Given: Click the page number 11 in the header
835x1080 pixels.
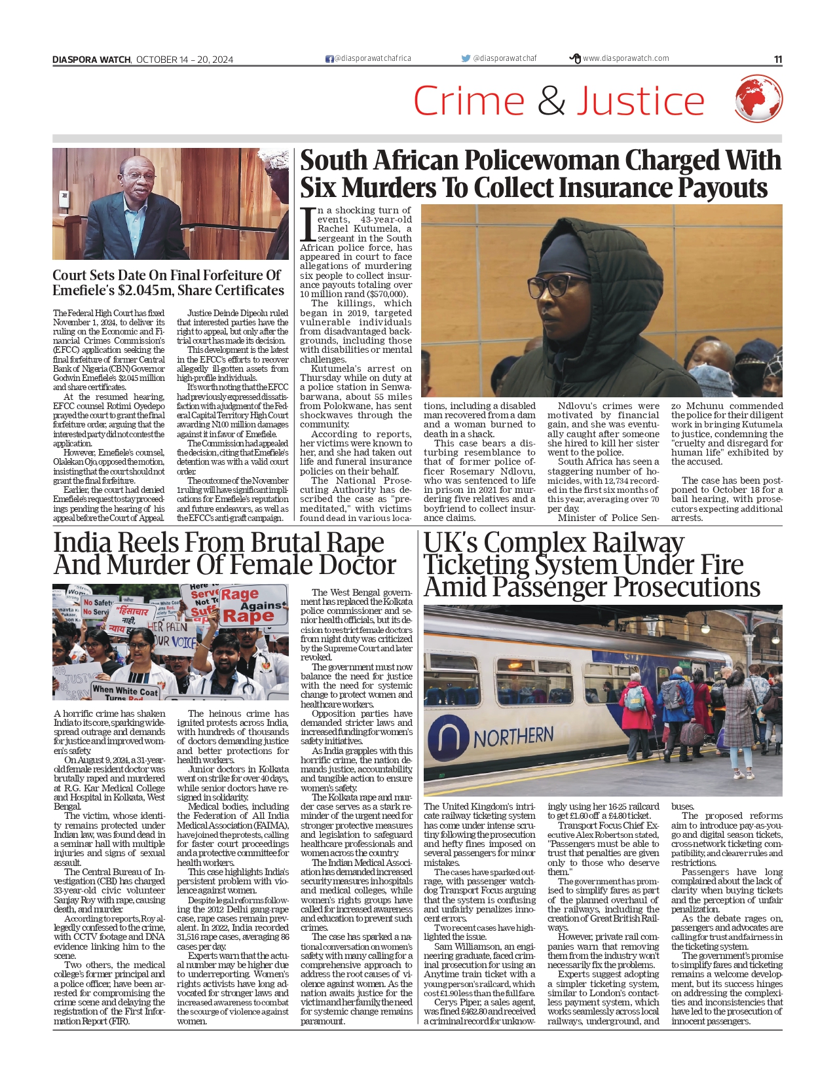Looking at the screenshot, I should (x=777, y=60).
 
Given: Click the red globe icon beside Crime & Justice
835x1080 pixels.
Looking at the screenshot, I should (x=758, y=99).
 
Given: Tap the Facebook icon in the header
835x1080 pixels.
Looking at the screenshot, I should (x=329, y=59).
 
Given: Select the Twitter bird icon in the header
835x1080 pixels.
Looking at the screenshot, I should (x=466, y=58).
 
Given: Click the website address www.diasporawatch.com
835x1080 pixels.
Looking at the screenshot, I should (x=625, y=58).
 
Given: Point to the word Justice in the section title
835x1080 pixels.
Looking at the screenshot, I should (x=640, y=101).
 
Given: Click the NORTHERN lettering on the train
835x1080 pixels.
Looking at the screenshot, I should (x=513, y=738).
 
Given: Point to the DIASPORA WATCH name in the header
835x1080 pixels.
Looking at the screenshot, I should (x=92, y=60).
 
